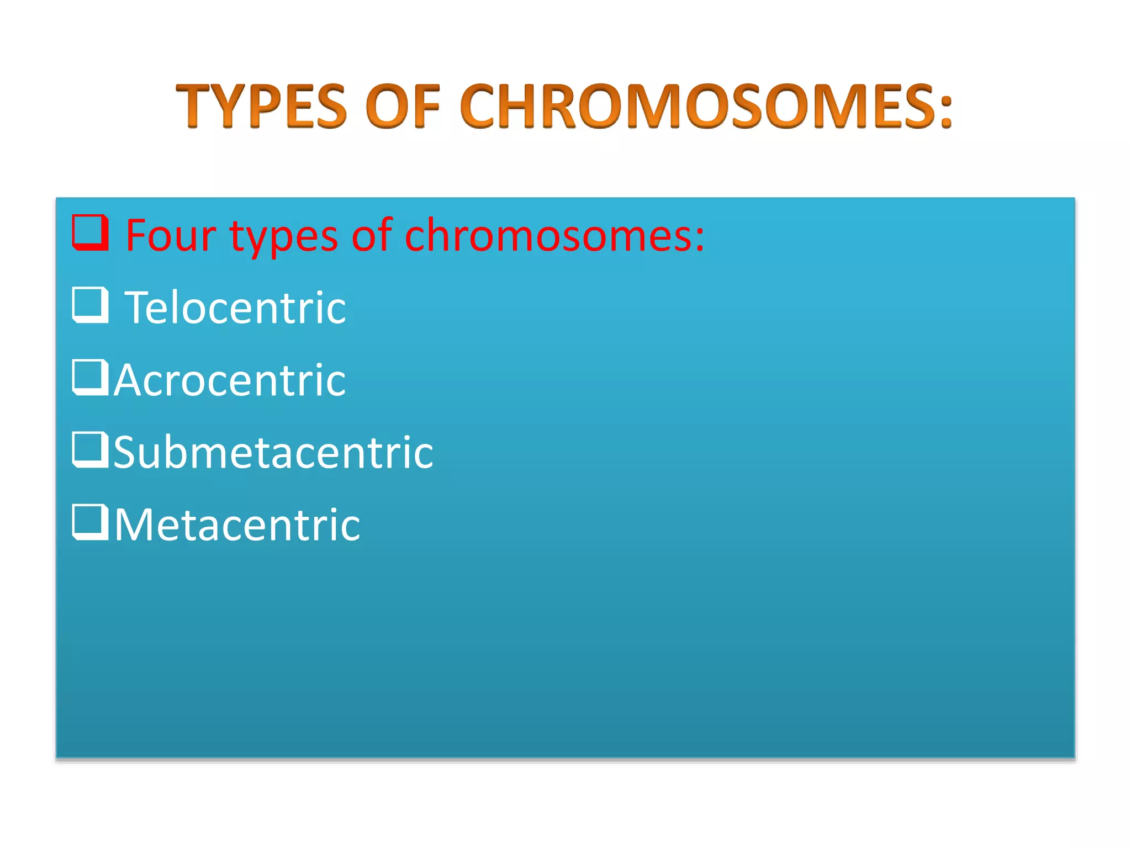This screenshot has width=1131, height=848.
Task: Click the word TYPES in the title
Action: (261, 106)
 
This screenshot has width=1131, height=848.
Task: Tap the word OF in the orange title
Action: (403, 106)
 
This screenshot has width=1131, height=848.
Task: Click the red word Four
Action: (171, 236)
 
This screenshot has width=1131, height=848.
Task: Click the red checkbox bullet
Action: (89, 232)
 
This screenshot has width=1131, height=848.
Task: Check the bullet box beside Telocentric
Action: (89, 305)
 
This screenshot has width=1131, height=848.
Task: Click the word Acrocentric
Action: (230, 380)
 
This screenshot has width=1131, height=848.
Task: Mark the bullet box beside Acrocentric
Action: (89, 378)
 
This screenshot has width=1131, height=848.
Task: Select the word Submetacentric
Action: (273, 453)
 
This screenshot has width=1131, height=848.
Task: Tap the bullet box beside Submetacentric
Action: (89, 450)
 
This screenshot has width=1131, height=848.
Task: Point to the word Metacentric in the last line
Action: (237, 525)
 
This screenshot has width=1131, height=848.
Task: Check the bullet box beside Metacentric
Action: (89, 522)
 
